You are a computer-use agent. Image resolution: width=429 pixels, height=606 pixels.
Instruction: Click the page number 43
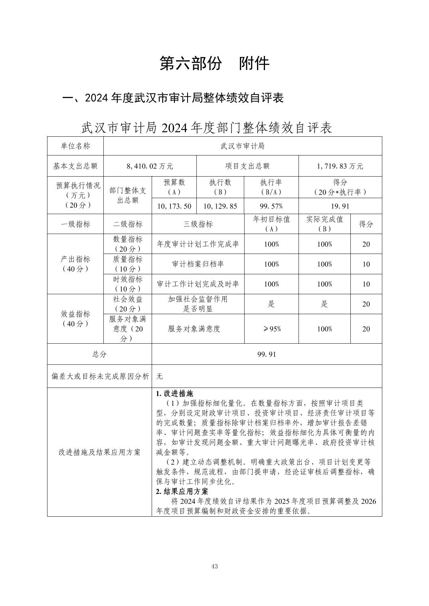[215, 567]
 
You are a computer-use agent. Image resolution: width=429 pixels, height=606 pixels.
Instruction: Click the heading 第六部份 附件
[214, 63]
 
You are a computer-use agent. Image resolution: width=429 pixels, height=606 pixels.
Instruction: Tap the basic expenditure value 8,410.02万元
[150, 166]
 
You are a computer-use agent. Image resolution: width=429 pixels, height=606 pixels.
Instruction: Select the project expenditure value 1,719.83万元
[340, 166]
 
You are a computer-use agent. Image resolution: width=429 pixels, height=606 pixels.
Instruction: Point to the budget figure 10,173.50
[174, 206]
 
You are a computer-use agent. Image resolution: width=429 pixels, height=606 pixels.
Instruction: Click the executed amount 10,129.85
[220, 206]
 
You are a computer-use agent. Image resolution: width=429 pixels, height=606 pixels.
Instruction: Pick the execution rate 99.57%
[271, 206]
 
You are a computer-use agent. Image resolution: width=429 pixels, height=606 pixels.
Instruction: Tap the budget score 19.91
[340, 206]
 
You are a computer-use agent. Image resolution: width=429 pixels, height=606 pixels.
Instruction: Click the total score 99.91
[267, 354]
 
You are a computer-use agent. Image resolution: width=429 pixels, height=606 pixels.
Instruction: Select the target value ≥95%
[271, 329]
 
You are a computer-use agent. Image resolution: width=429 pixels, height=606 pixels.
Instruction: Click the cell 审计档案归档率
[198, 264]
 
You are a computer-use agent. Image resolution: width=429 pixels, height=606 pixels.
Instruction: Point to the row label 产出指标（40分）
[75, 264]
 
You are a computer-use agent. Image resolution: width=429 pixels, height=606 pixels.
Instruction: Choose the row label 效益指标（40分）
[75, 319]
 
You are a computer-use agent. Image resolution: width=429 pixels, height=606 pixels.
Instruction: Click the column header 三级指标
[198, 224]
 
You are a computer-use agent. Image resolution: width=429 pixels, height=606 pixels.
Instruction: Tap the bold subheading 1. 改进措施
[174, 394]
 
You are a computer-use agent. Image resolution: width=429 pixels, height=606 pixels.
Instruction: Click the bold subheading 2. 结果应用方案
[182, 491]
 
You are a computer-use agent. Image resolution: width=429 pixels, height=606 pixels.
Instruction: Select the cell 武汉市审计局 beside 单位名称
[242, 146]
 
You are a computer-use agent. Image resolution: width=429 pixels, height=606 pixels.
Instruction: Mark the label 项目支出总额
[247, 166]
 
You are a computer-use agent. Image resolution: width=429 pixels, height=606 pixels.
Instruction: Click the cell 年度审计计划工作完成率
[198, 244]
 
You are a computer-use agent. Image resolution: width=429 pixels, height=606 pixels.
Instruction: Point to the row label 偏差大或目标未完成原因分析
[100, 376]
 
